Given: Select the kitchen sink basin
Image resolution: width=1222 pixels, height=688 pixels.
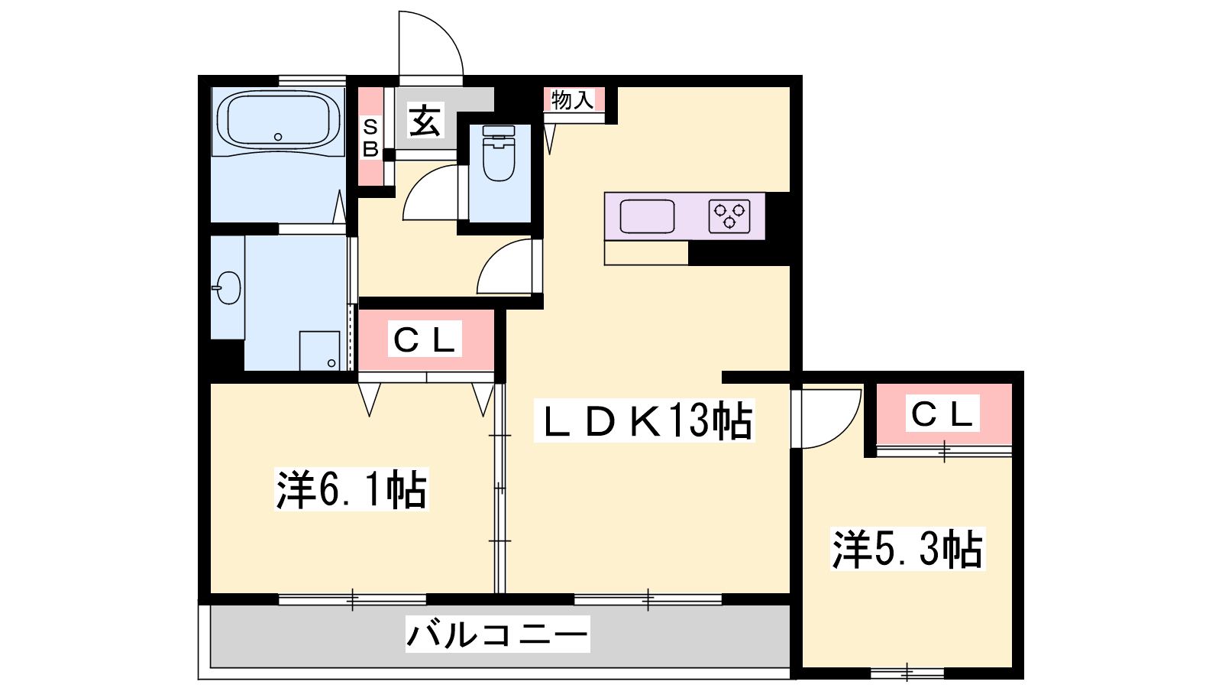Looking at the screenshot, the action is pos(647,216).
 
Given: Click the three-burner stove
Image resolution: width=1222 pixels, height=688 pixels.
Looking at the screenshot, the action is pos(729,216).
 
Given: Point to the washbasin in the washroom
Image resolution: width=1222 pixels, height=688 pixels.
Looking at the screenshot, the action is pos(228,287).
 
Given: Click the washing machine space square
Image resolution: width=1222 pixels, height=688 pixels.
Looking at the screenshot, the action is pos(320,351).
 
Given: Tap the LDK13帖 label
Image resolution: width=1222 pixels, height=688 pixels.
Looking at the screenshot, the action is pos(644,420).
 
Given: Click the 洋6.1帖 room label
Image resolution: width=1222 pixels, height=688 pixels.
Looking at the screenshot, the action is pos(351,489).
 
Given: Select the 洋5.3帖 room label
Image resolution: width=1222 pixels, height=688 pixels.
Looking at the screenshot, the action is pos(908,549).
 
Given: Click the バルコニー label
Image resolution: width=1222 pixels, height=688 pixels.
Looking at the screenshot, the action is pos(497,634).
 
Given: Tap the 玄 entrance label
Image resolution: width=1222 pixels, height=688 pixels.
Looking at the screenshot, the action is pos(425,121).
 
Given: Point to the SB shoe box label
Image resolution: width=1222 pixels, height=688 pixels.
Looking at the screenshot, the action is pos(370,138).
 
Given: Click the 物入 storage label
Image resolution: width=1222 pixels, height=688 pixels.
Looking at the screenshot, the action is pos(572,100).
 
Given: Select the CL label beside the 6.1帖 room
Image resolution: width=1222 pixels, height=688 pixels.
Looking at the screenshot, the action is pos(425,339).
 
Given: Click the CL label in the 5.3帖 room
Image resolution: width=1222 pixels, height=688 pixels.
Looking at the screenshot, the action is pos(942,414).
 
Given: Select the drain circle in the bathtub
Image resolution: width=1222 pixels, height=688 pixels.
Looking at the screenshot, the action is pos(278,137).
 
